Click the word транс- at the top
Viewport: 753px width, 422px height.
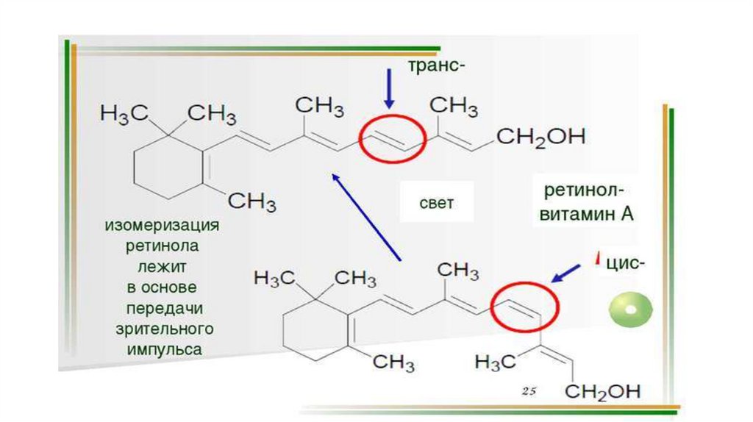(x=437, y=67)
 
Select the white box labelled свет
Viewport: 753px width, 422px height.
(x=436, y=203)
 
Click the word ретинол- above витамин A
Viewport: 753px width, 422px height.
(x=585, y=191)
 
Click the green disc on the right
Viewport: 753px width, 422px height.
(x=630, y=310)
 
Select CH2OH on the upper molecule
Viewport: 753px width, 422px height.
(x=540, y=137)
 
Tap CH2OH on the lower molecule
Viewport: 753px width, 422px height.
(x=607, y=390)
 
